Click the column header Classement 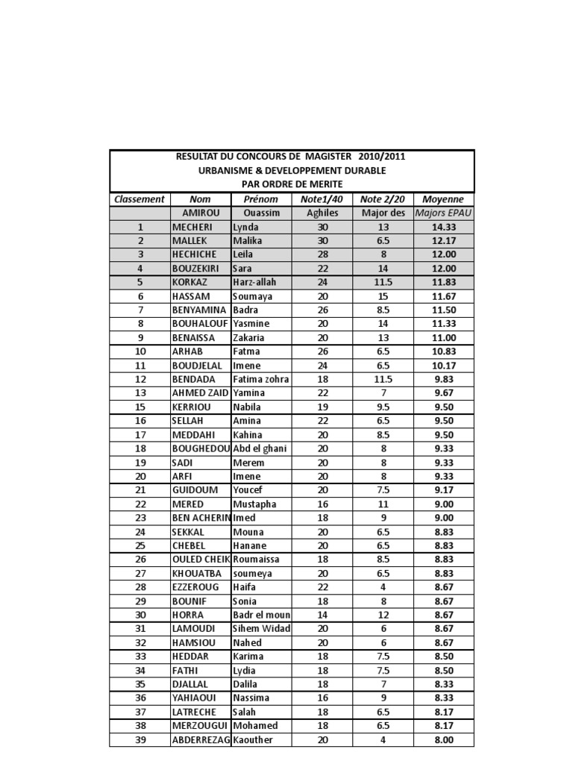pos(140,199)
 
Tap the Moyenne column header pos(443,199)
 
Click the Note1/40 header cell pos(322,199)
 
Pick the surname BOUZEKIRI pos(198,269)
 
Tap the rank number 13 pos(140,393)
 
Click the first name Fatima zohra pos(261,380)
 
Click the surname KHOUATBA pos(198,574)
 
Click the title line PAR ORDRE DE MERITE pos(292,184)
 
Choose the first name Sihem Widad pos(261,629)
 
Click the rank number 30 pos(140,616)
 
